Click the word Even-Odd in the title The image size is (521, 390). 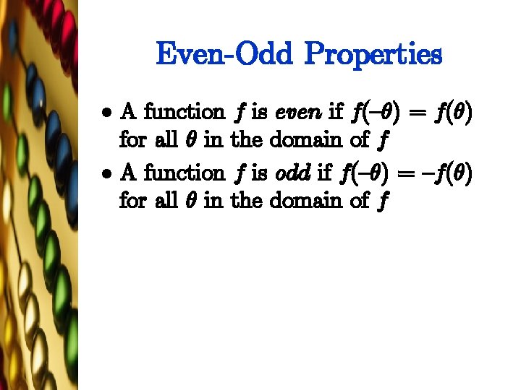point(222,55)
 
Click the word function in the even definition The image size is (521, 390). point(184,112)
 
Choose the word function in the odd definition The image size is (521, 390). point(184,173)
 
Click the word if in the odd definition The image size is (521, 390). point(324,173)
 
